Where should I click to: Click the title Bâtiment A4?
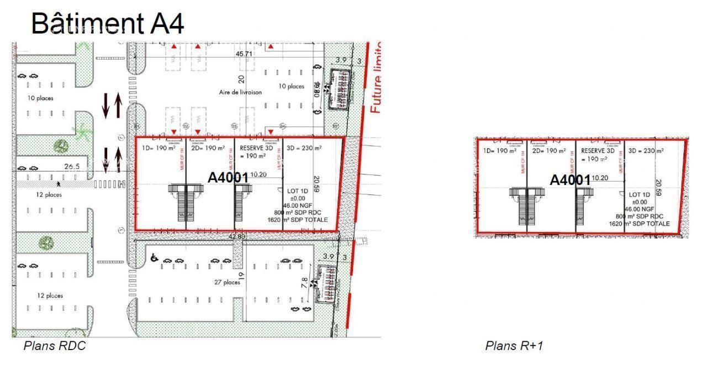(107, 23)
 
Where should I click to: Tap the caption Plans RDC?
(54, 346)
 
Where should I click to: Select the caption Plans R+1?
(514, 346)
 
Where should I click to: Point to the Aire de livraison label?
(240, 92)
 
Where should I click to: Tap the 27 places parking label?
(227, 283)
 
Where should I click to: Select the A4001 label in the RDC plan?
(228, 178)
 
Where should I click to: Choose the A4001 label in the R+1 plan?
(570, 180)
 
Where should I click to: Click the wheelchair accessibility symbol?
(155, 258)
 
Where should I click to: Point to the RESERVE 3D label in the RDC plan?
(257, 149)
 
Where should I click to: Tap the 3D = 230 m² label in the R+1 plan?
(646, 150)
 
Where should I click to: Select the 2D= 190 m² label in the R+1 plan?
(548, 150)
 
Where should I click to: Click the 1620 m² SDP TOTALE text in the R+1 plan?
(639, 224)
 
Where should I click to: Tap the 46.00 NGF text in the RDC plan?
(300, 205)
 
